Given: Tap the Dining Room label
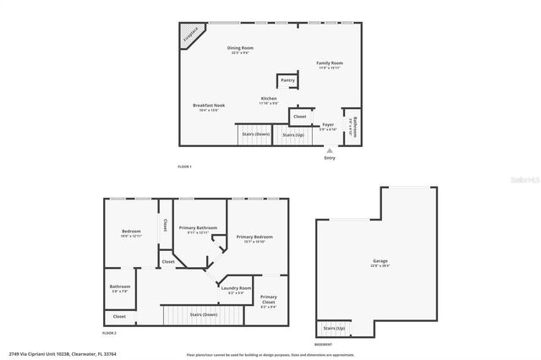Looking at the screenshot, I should [x=241, y=48].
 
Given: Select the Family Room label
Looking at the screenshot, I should [x=330, y=63].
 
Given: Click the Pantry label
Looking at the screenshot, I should [x=287, y=80].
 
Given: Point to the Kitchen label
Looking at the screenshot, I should [x=269, y=99].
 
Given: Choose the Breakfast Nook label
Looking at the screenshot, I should [x=208, y=106].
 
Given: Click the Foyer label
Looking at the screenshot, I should [x=327, y=124].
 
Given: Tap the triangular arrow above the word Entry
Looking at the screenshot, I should [x=329, y=150].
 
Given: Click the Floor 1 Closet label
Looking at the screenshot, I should [x=299, y=116].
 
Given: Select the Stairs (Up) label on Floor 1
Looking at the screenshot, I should [x=293, y=134].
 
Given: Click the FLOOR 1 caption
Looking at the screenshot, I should [x=184, y=166].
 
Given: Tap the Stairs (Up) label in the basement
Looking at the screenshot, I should [x=334, y=328].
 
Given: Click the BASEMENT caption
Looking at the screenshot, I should [x=324, y=345].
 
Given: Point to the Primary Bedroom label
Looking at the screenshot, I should [x=254, y=237].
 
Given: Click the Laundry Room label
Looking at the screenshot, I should [x=236, y=289].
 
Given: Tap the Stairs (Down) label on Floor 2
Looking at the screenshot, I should [x=203, y=314].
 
